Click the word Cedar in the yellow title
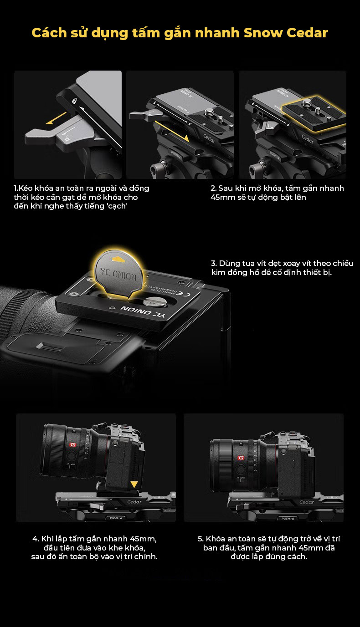click(x=307, y=33)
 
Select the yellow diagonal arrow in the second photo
click(x=171, y=131)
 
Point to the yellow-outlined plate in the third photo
click(x=314, y=113)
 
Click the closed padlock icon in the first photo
click(x=74, y=101)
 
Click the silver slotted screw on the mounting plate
click(x=151, y=302)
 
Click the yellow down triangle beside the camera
click(x=134, y=485)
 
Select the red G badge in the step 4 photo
click(x=73, y=445)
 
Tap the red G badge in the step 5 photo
click(x=241, y=458)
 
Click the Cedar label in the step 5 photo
click(x=307, y=502)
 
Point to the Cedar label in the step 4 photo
click(x=134, y=502)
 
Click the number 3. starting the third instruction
click(x=214, y=263)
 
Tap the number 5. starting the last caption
click(x=201, y=539)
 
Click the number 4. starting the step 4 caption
click(x=36, y=539)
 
